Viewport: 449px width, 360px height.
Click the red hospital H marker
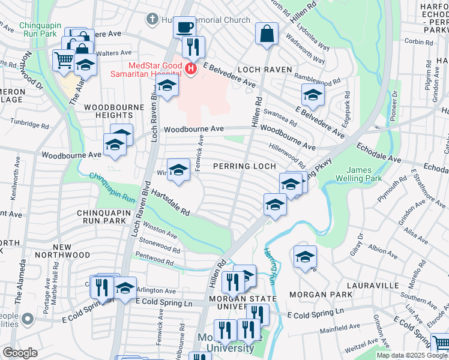point(191,70)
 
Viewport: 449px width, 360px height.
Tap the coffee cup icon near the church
point(185,28)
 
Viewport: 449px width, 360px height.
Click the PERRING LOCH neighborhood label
point(245,166)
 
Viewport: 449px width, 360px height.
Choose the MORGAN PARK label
point(316,295)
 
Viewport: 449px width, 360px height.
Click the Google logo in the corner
point(20,353)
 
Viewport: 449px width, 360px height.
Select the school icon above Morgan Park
point(305,257)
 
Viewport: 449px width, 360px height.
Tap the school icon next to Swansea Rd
point(312,94)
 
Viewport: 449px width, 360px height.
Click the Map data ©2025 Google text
point(412,355)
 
